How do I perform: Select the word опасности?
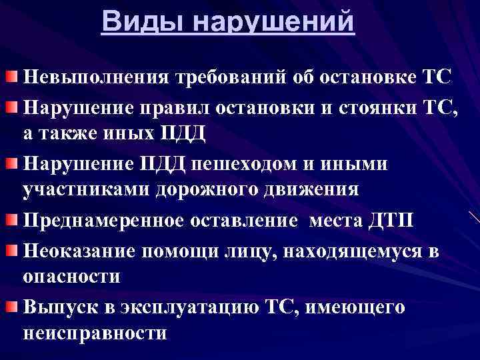click(71, 277)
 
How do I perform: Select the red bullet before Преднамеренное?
click(13, 221)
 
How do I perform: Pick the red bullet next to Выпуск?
click(13, 306)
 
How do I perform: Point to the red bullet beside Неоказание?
click(13, 249)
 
